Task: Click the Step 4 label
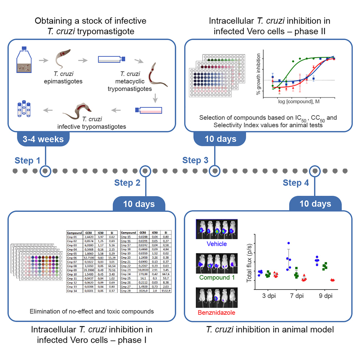(x=296, y=183)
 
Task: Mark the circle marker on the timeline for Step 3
(x=215, y=170)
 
